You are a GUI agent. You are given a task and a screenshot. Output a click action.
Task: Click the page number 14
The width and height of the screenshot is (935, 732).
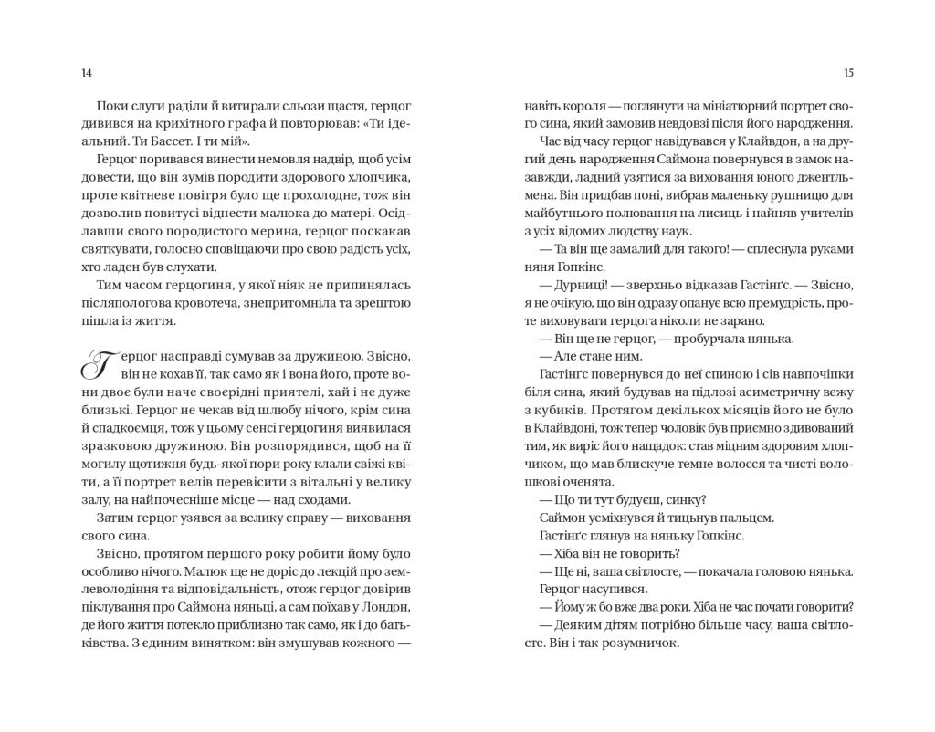87,73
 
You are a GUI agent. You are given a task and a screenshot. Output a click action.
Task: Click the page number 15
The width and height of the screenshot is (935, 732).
848,73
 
